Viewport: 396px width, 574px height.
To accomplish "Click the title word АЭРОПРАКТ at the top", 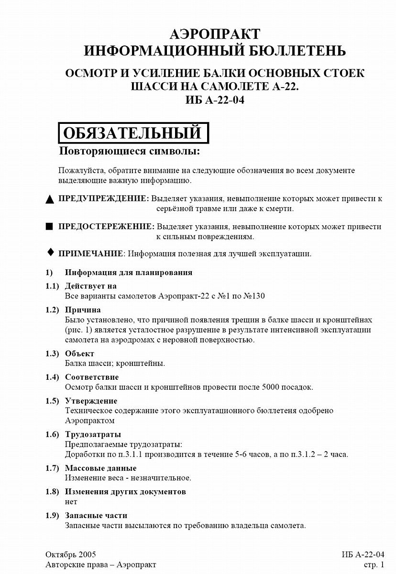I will pyautogui.click(x=215, y=34).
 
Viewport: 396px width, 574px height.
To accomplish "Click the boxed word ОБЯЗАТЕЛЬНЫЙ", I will pyautogui.click(x=133, y=132).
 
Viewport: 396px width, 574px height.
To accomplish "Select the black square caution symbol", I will pyautogui.click(x=49, y=227).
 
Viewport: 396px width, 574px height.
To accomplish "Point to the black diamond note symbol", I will pyautogui.click(x=49, y=252).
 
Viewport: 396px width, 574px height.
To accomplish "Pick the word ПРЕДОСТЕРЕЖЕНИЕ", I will pyautogui.click(x=106, y=227).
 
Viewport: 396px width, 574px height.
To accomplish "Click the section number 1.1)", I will pyautogui.click(x=52, y=286).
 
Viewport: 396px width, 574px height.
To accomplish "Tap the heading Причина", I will pyautogui.click(x=83, y=309).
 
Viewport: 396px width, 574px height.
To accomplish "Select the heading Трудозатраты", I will pyautogui.click(x=93, y=434).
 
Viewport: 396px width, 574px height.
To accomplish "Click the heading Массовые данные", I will pyautogui.click(x=100, y=468).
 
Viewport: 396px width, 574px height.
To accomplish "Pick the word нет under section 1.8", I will pyautogui.click(x=71, y=502).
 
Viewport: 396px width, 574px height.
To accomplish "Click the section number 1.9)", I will pyautogui.click(x=52, y=515).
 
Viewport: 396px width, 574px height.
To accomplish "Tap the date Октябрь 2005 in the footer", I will pyautogui.click(x=71, y=554).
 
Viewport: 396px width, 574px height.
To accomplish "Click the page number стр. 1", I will pyautogui.click(x=374, y=564).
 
